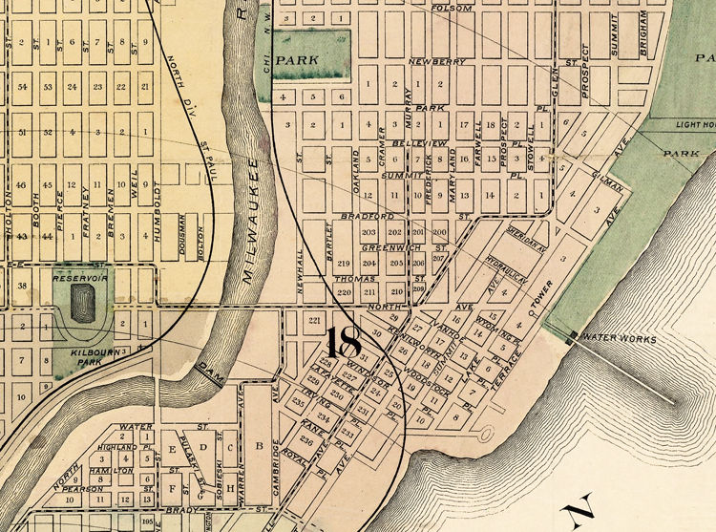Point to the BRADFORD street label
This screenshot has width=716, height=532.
pyautogui.click(x=360, y=218)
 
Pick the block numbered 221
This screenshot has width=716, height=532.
pyautogui.click(x=314, y=320)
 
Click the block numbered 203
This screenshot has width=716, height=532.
pyautogui.click(x=369, y=232)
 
